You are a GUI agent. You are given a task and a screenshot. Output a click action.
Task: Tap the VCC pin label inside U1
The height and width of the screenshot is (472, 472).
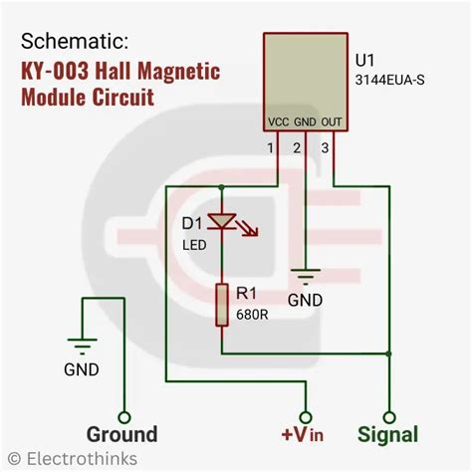279,124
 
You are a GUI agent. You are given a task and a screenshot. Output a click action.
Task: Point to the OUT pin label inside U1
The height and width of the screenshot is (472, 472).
331,124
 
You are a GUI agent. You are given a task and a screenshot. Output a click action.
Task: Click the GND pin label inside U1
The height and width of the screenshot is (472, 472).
305,124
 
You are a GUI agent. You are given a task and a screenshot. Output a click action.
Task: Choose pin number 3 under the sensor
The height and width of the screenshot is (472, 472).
322,148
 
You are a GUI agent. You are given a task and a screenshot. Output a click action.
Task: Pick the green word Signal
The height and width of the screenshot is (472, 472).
388,434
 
